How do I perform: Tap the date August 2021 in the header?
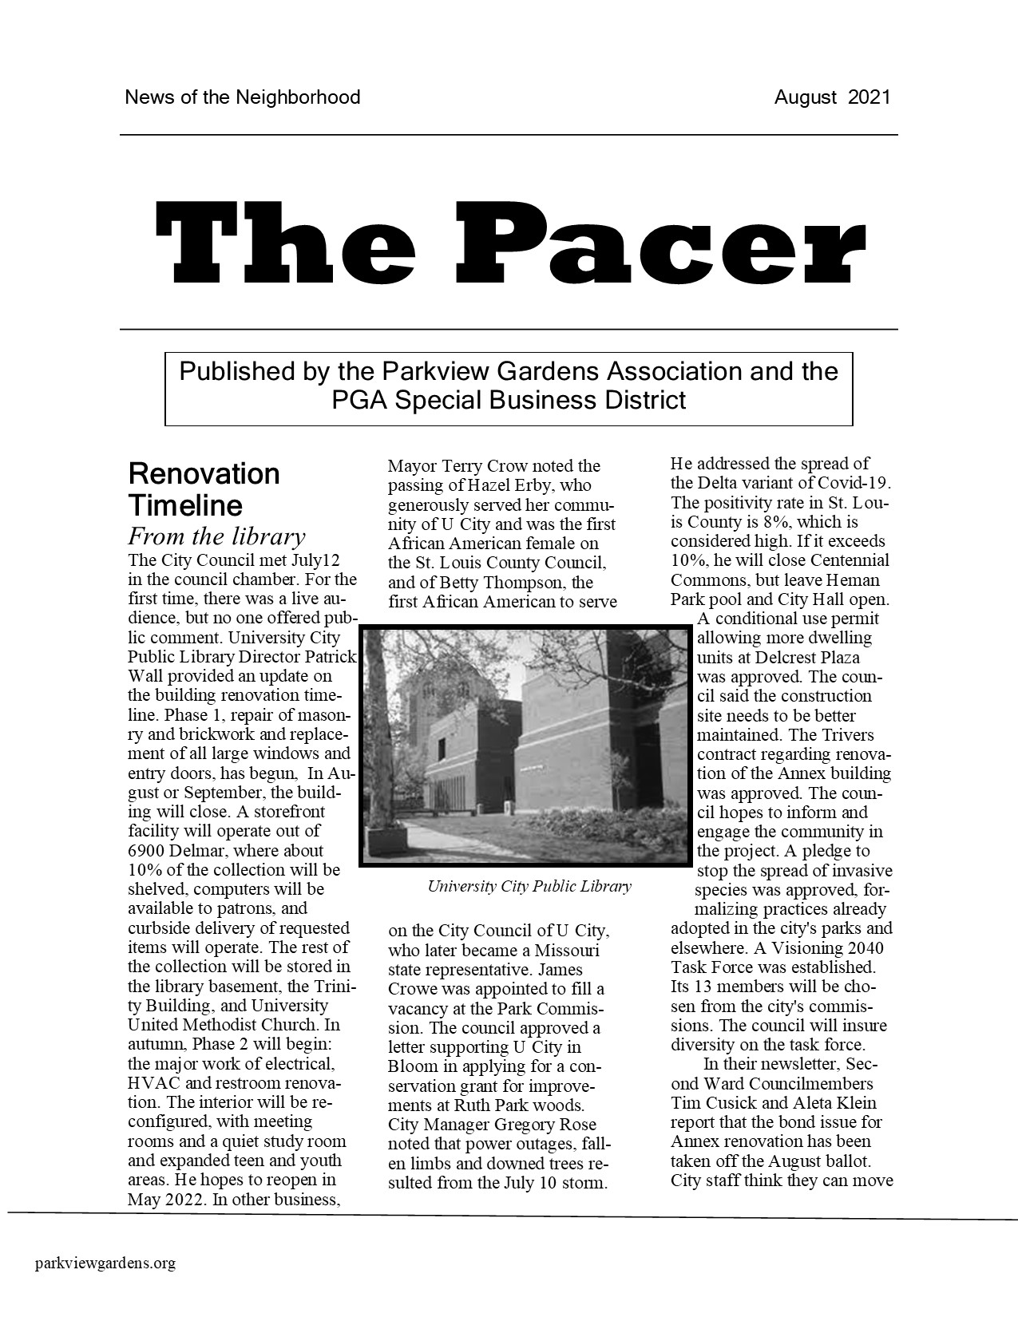831,97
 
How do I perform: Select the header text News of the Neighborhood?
242,97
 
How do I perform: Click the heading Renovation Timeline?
204,489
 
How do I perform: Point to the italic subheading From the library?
216,536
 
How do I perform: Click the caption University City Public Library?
529,886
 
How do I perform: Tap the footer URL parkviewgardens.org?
105,1263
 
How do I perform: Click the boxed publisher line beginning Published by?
509,386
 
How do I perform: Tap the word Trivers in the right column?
848,735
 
